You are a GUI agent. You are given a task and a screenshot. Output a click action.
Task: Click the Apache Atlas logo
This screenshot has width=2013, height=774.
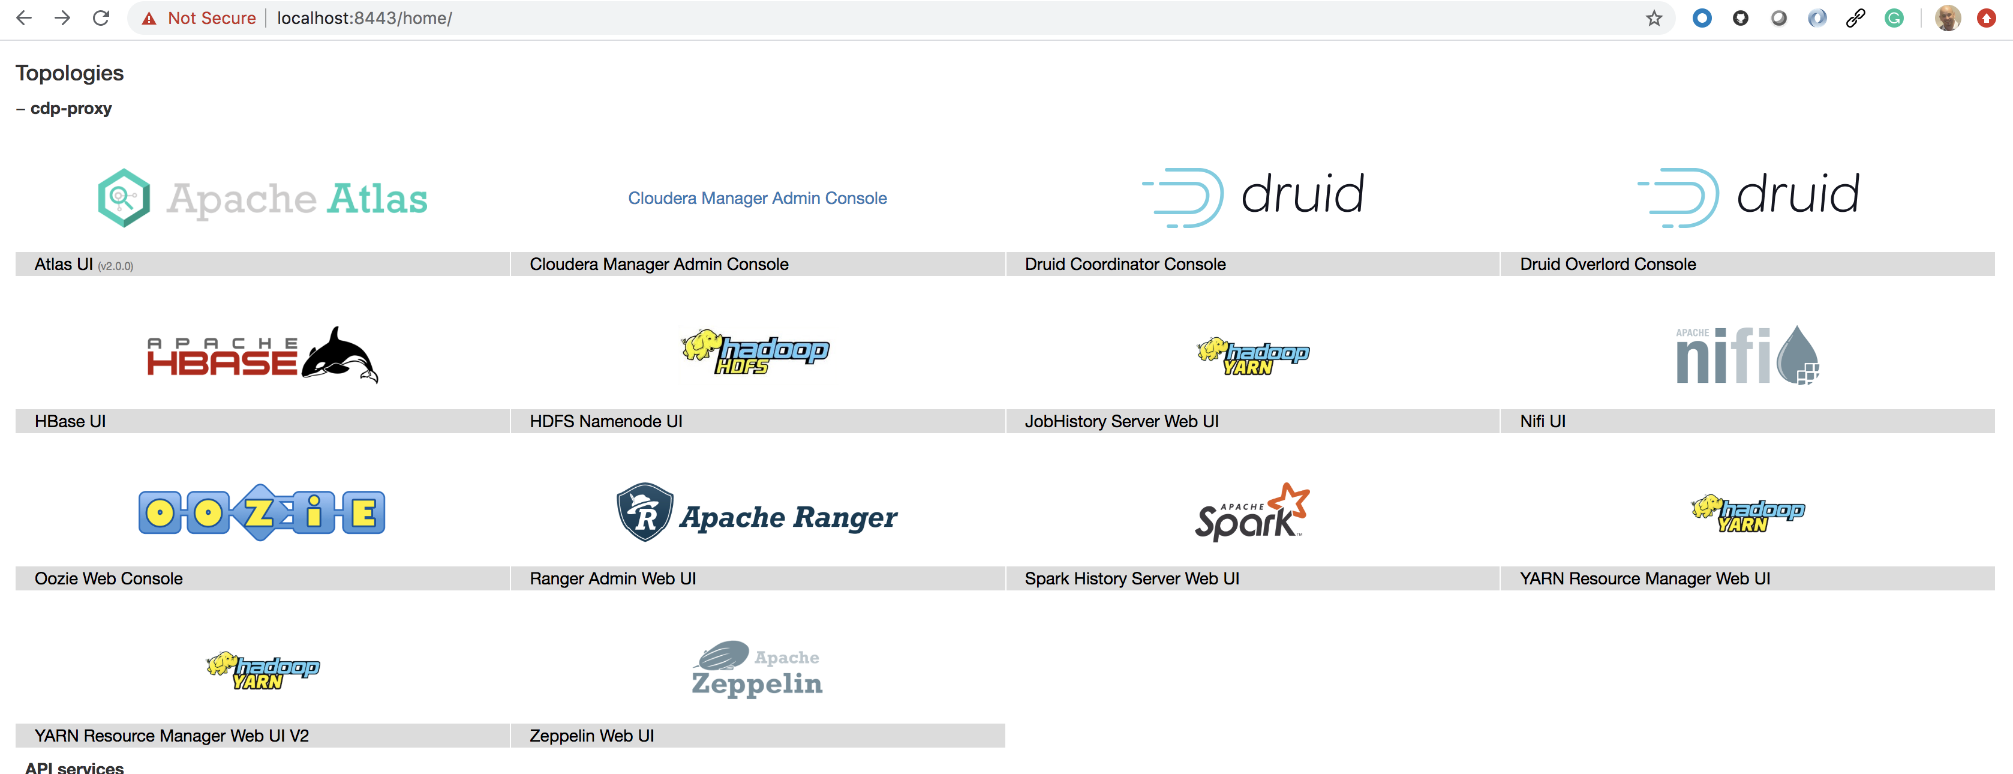(263, 198)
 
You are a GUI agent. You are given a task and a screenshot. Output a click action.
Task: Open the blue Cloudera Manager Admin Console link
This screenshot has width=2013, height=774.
(756, 199)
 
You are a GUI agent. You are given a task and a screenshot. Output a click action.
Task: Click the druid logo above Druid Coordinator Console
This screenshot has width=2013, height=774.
(1252, 196)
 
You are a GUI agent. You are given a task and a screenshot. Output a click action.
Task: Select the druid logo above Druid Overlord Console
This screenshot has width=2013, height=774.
(1748, 196)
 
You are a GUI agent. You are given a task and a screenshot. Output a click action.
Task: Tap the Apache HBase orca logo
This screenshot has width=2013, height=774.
(263, 356)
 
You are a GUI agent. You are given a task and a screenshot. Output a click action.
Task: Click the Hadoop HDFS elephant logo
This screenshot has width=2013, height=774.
(755, 352)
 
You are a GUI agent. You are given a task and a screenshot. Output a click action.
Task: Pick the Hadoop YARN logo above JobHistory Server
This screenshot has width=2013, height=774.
(1252, 356)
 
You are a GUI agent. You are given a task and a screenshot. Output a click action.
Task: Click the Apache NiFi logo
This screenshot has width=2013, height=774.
(1747, 356)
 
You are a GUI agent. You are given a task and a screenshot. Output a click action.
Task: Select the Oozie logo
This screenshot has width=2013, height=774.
(262, 513)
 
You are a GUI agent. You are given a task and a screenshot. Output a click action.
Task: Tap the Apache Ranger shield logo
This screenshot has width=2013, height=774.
(756, 514)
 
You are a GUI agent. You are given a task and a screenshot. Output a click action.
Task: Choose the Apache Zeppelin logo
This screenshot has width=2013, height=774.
(756, 669)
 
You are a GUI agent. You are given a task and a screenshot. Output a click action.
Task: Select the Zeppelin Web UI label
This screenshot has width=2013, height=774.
(591, 736)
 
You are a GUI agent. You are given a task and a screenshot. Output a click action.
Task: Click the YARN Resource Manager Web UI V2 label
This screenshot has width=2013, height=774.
(171, 736)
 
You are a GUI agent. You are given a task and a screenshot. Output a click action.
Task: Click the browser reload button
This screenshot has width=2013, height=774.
(101, 18)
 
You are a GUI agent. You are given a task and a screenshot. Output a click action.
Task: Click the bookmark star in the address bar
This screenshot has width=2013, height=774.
(1654, 18)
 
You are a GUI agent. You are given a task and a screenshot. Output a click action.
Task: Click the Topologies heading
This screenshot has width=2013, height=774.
(70, 73)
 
